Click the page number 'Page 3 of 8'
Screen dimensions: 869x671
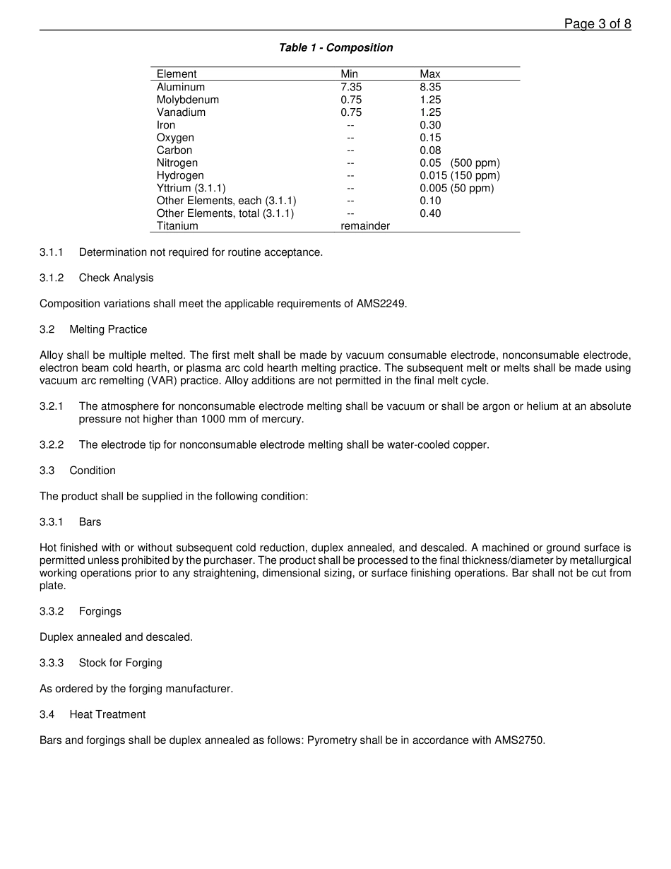coord(597,24)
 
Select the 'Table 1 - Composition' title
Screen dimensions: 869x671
coord(335,48)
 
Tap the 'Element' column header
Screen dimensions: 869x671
coord(177,74)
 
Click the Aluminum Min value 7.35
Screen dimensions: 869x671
coord(351,87)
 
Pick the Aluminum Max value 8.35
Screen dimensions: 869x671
coord(430,87)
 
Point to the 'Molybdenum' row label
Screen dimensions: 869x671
coord(188,100)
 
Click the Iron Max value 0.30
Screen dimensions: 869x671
coord(430,125)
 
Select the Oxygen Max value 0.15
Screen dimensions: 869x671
coord(430,138)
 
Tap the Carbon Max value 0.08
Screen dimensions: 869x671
coord(430,150)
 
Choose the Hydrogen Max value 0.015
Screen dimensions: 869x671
coord(433,176)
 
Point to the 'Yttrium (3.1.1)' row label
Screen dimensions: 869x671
coord(191,189)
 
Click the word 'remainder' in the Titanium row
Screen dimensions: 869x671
coord(365,226)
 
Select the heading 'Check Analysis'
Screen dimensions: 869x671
coord(116,278)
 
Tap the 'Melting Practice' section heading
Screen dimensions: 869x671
coord(108,330)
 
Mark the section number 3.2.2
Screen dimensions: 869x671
coord(52,445)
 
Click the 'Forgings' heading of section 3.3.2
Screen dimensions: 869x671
coord(100,612)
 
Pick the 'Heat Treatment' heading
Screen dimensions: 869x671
coord(107,715)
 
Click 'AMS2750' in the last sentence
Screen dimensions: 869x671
coord(521,741)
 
